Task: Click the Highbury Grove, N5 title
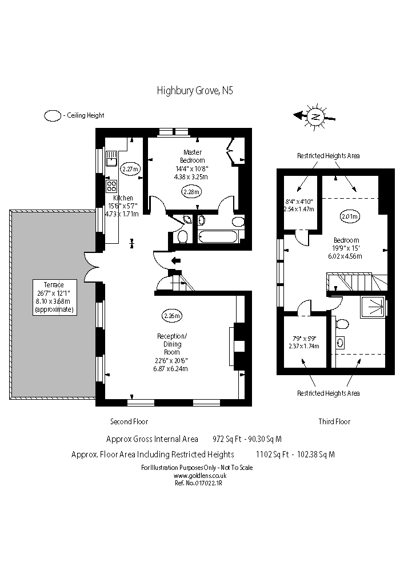(195, 90)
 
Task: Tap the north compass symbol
(315, 116)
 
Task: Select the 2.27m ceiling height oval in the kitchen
(131, 168)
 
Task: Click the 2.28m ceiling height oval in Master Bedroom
(191, 191)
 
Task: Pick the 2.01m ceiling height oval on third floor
(350, 216)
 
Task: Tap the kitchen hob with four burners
(111, 186)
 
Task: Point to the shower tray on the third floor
(374, 307)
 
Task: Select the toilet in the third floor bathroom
(342, 324)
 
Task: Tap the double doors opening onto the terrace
(92, 267)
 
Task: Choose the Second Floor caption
(129, 421)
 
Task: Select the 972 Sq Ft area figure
(226, 439)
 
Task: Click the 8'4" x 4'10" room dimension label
(299, 205)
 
